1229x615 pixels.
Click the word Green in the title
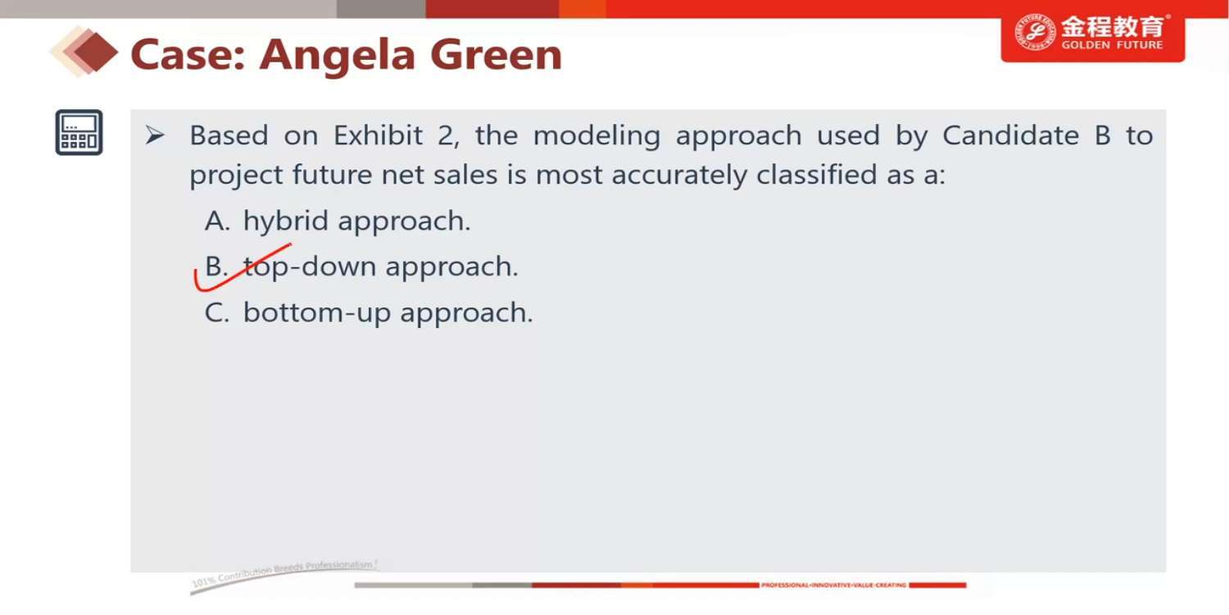click(x=496, y=55)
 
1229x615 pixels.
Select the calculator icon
click(x=79, y=132)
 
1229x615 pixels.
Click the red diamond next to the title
click(x=96, y=52)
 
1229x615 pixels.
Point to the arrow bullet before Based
click(x=155, y=135)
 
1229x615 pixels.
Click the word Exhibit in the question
click(x=378, y=135)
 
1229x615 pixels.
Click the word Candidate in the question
click(x=1010, y=135)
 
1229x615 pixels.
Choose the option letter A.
click(x=217, y=221)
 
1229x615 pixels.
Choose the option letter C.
click(x=217, y=313)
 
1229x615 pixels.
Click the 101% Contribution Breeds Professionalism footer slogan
click(x=284, y=572)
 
